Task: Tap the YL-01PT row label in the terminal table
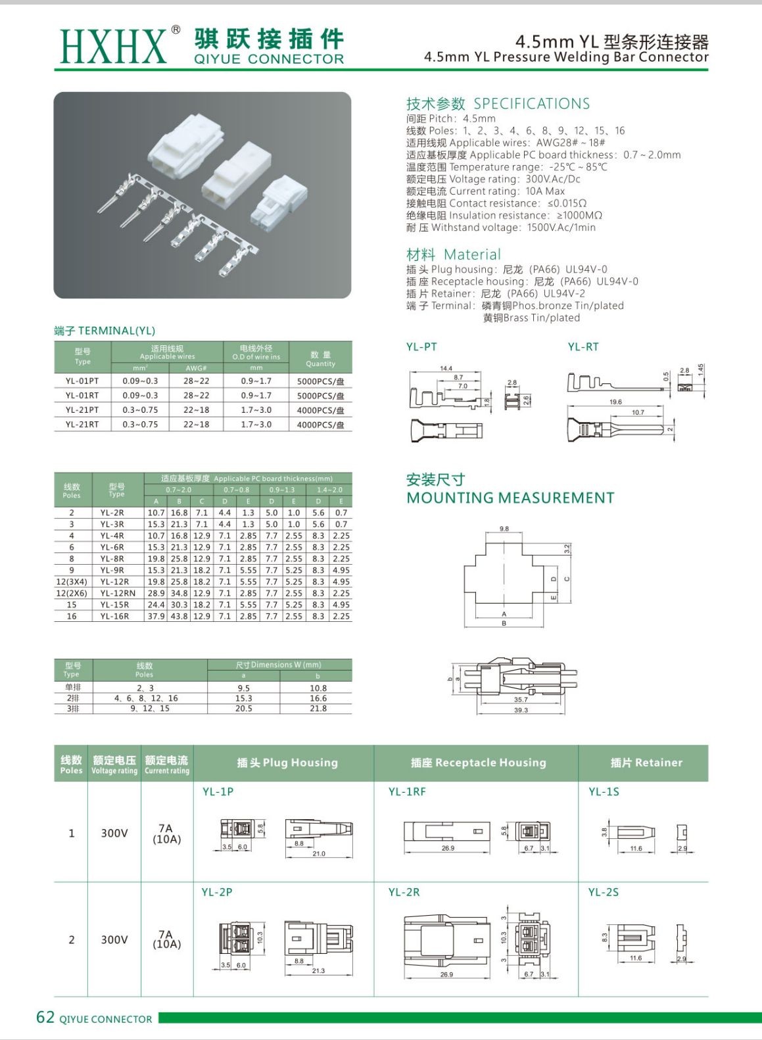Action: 82,381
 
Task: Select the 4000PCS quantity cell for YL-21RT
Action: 320,425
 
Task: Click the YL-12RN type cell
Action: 118,593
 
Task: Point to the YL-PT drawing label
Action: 421,347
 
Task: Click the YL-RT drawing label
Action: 583,347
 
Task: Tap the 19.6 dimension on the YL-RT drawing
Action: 615,402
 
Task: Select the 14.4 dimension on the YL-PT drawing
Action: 446,369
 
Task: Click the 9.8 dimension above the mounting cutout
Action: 504,529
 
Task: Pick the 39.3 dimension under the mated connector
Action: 521,710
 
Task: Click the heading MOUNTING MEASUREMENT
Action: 510,498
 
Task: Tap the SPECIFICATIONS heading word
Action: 531,104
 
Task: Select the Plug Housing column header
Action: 287,763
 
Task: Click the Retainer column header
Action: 646,763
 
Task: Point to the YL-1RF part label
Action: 407,792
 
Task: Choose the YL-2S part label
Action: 604,892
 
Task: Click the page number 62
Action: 45,1018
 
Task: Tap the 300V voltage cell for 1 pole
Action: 114,834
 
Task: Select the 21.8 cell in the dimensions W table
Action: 318,709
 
